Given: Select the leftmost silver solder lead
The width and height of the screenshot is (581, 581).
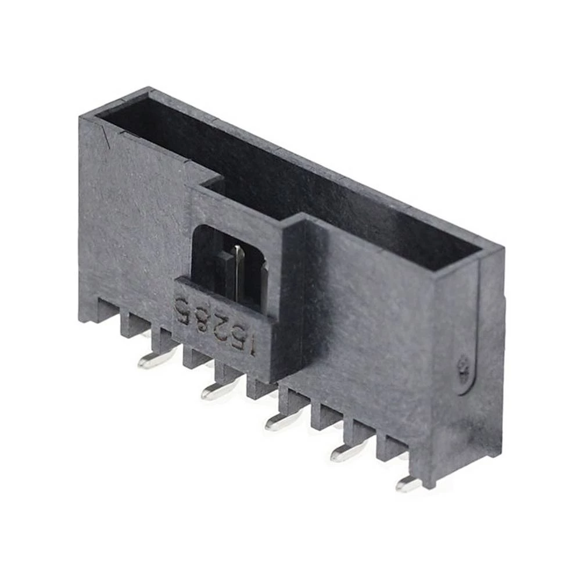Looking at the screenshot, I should (x=152, y=361).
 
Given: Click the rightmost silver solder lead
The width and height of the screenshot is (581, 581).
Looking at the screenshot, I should (x=407, y=483).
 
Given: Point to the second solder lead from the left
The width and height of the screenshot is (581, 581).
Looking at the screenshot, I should (x=216, y=392).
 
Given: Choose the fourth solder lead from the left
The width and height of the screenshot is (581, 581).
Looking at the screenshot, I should (x=346, y=453).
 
